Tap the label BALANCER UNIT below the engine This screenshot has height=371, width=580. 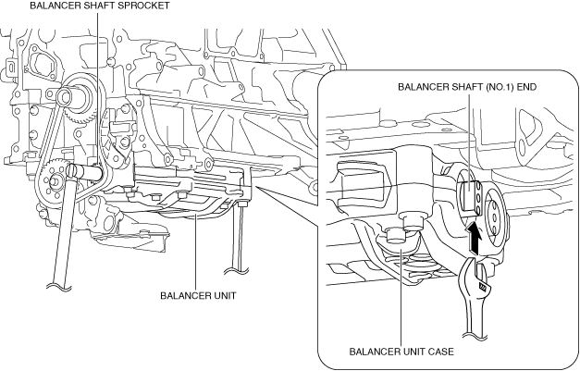pyautogui.click(x=198, y=295)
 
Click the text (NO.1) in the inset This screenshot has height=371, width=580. pyautogui.click(x=497, y=87)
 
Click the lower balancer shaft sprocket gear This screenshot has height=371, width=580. pyautogui.click(x=53, y=182)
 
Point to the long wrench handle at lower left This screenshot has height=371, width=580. pyautogui.click(x=64, y=229)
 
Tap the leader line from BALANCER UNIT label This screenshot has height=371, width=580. pyautogui.click(x=196, y=253)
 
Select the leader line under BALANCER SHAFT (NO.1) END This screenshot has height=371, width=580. pyautogui.click(x=469, y=142)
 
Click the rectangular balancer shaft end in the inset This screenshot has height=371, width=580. pyautogui.click(x=469, y=195)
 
